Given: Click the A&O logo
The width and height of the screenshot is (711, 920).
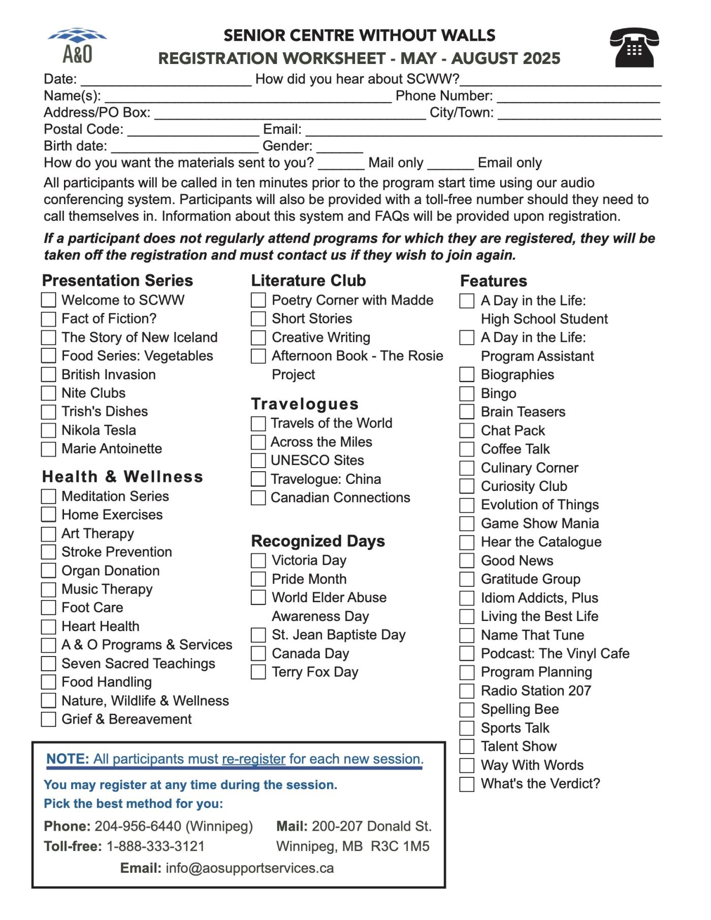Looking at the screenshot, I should click(77, 45).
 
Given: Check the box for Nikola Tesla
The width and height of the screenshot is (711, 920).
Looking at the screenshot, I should click(48, 431).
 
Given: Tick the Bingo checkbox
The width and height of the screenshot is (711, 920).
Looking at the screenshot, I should click(467, 393).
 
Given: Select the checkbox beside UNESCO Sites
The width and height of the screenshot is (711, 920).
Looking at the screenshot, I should click(258, 461).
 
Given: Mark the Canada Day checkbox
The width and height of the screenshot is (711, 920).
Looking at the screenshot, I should click(258, 653).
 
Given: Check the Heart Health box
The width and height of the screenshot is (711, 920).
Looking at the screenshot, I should click(48, 627).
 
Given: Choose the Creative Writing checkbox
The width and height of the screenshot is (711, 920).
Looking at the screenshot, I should click(258, 338).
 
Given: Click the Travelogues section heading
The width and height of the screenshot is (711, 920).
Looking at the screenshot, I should click(305, 404).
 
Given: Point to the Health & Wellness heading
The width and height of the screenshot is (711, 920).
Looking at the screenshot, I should click(122, 477).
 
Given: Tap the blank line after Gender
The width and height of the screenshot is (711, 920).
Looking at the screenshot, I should click(339, 149).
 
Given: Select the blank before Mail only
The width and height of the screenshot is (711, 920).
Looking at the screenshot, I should click(341, 166).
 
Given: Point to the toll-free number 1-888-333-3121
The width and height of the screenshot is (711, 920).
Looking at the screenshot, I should click(155, 846).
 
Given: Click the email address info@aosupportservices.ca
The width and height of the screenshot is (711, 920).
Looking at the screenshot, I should click(249, 868).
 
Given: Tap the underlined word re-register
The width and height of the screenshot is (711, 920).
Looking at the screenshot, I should click(253, 759).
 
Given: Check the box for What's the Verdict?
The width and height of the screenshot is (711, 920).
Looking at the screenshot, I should click(467, 784).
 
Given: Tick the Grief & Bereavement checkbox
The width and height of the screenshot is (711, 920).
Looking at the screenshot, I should click(48, 719).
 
